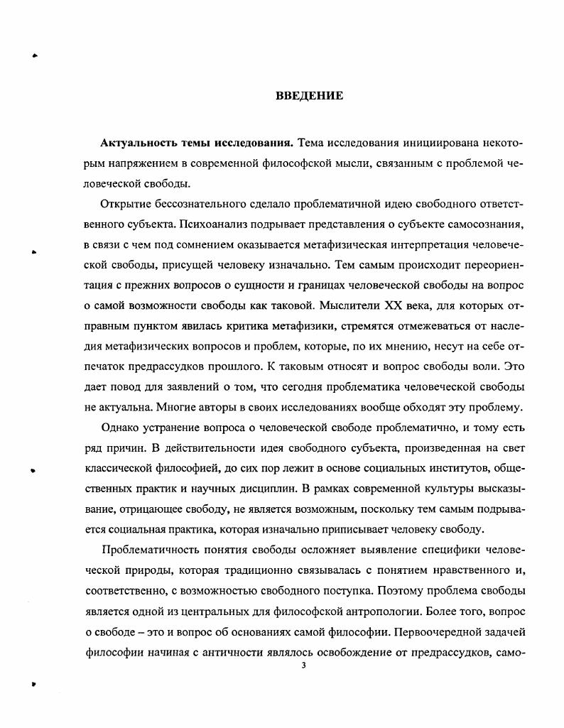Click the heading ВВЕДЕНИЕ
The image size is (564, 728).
pos(310,96)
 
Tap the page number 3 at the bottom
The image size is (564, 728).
pos(303,665)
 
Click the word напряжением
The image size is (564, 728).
pos(132,163)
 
